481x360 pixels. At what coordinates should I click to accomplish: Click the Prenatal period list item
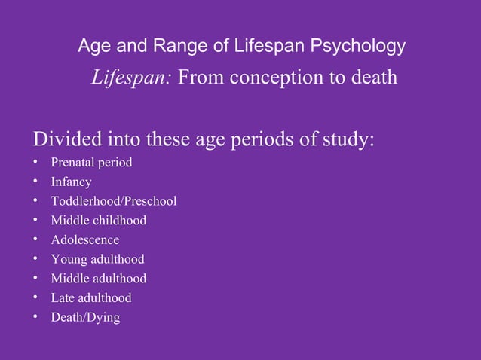pos(91,163)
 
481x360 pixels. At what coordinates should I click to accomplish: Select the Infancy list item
pos(71,182)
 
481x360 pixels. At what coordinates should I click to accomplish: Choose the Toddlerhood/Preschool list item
pos(113,201)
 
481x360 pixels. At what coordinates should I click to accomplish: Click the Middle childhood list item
pos(98,221)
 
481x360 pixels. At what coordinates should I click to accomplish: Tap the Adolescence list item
pos(84,240)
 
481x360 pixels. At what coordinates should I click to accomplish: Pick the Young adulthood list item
pos(97,260)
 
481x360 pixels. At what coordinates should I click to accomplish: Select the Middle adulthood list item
pos(98,279)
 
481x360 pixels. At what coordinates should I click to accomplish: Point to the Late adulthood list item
pos(90,298)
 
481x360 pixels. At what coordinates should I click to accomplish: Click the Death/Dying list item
pos(84,318)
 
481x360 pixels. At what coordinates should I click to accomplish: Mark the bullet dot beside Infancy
pos(35,182)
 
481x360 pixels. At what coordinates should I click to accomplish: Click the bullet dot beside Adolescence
pos(35,240)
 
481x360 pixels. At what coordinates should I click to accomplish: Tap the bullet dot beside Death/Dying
pos(35,318)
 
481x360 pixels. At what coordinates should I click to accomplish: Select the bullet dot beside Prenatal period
pos(35,163)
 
